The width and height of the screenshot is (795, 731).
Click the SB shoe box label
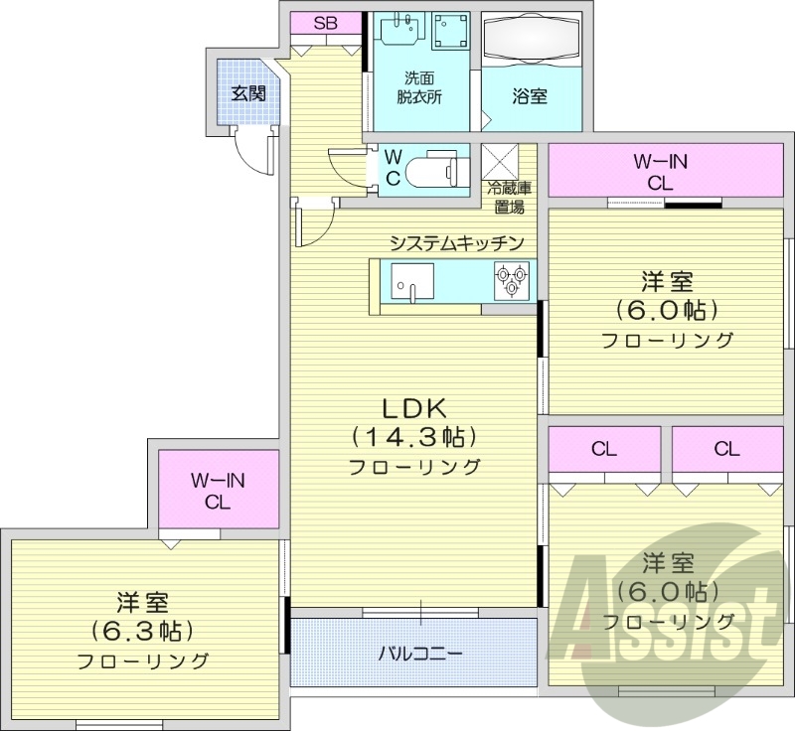[326, 23]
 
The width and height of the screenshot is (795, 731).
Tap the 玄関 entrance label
[248, 94]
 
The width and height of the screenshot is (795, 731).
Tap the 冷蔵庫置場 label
[508, 197]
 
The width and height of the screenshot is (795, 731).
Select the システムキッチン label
[456, 243]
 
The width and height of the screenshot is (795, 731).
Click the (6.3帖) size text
[142, 631]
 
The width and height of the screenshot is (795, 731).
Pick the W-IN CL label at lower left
[219, 491]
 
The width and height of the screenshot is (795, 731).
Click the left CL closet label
[603, 449]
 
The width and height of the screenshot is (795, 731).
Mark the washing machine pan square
[452, 33]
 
